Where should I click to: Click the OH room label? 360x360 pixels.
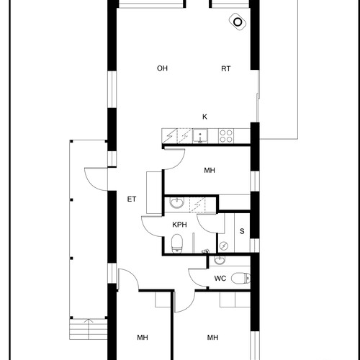pyautogui.click(x=162, y=68)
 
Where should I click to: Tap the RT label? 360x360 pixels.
pyautogui.click(x=225, y=69)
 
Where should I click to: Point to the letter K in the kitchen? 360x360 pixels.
pyautogui.click(x=204, y=117)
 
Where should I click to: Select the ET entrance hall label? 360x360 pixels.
pyautogui.click(x=132, y=199)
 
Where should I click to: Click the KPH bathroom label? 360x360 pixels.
pyautogui.click(x=179, y=225)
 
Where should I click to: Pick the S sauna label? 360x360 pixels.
pyautogui.click(x=242, y=231)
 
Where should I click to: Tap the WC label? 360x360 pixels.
pyautogui.click(x=220, y=279)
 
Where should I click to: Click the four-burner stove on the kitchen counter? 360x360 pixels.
pyautogui.click(x=226, y=136)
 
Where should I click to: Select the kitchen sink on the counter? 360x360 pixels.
pyautogui.click(x=200, y=136)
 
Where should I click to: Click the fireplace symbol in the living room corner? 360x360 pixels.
pyautogui.click(x=238, y=22)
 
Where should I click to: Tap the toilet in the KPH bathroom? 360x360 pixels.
pyautogui.click(x=177, y=243)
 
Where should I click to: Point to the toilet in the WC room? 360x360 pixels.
pyautogui.click(x=240, y=279)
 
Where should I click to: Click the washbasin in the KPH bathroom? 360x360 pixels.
pyautogui.click(x=177, y=203)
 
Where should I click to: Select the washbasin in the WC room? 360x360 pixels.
pyautogui.click(x=219, y=260)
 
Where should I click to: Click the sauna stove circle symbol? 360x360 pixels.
pyautogui.click(x=224, y=246)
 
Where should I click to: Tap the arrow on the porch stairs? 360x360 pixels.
pyautogui.click(x=89, y=329)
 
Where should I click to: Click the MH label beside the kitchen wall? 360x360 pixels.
pyautogui.click(x=210, y=171)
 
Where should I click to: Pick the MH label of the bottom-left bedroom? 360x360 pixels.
pyautogui.click(x=143, y=338)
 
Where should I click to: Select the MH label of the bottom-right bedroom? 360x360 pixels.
pyautogui.click(x=212, y=338)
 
